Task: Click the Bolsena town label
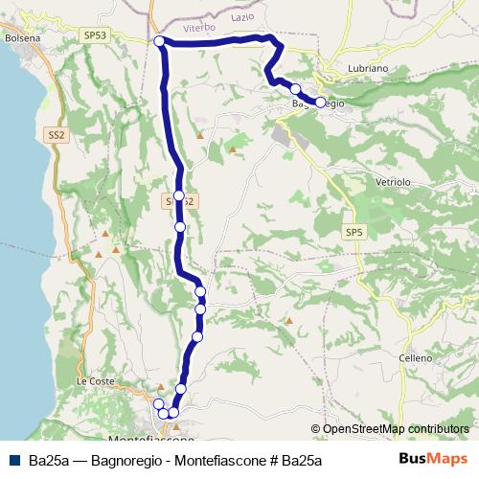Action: pos(22,37)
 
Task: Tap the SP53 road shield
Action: pos(95,34)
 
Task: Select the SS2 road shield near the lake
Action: pos(57,137)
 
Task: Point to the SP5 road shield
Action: pos(354,232)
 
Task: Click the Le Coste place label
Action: pos(95,381)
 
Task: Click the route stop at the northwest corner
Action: pos(159,40)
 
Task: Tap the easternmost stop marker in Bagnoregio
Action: pos(320,102)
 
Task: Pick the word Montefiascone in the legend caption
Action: pos(221,460)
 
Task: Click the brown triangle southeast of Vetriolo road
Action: pos(288,320)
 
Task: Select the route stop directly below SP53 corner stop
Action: pos(178,195)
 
